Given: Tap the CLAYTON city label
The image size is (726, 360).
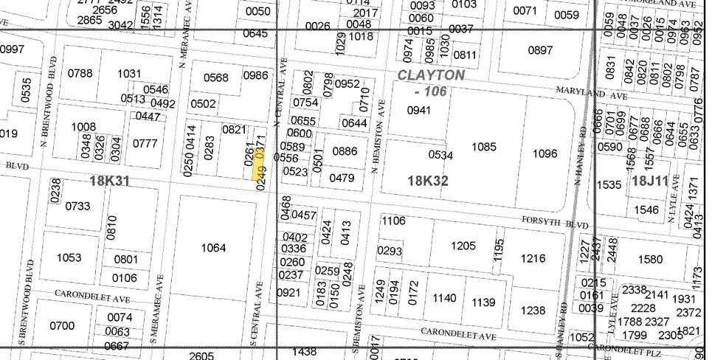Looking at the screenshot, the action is point(431,75).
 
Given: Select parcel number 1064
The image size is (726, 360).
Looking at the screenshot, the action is point(213,248).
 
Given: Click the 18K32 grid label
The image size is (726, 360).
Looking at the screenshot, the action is point(427,180).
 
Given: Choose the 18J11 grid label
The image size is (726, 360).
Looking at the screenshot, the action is point(649,180).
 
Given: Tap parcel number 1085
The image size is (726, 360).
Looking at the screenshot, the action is point(484,147).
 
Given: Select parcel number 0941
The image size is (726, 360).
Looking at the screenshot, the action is point(418,111).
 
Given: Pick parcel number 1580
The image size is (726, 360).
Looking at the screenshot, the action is point(650,259).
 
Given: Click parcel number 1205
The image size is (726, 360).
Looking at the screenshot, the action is point(463,246).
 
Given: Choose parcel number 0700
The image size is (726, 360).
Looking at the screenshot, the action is point(62,325).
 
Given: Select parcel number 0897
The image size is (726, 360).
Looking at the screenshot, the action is point(540,50).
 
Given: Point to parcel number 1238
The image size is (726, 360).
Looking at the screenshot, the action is point(533,311).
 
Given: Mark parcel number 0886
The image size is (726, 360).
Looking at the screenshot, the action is point(345,151).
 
